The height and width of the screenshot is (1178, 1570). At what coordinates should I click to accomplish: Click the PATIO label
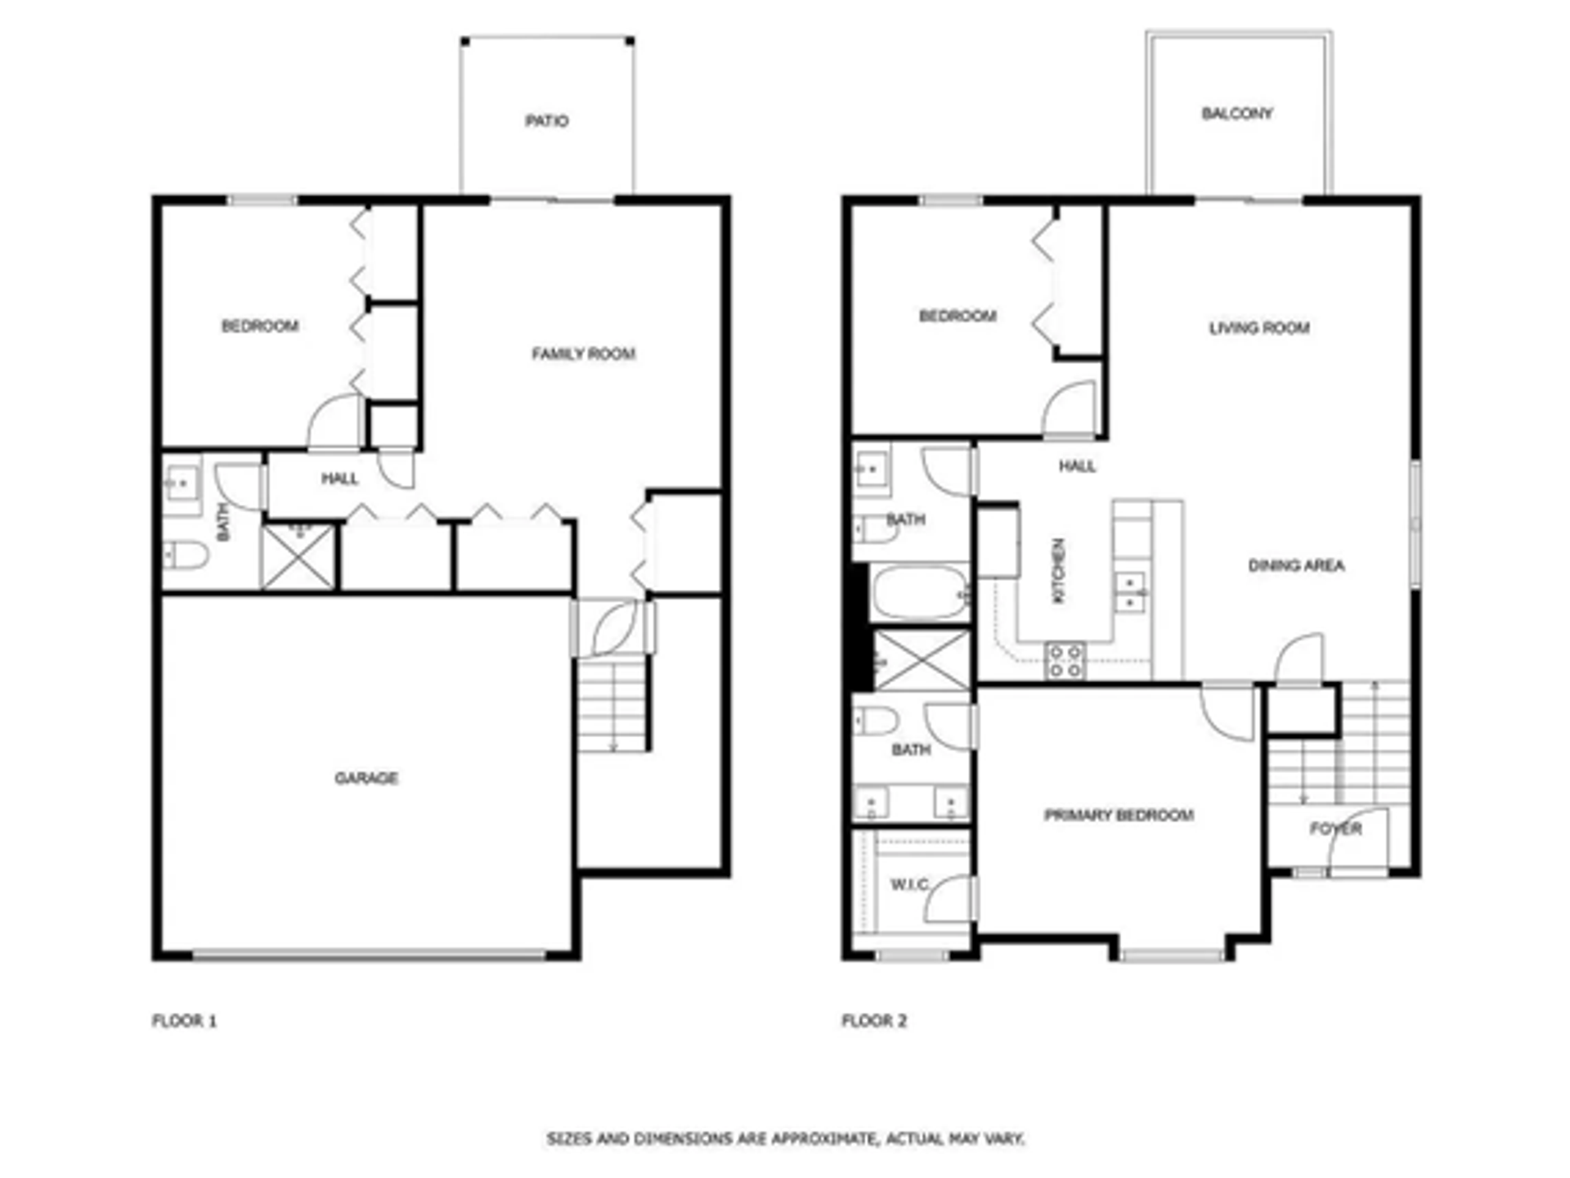[546, 121]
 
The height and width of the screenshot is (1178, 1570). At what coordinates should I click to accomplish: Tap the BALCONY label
[1236, 114]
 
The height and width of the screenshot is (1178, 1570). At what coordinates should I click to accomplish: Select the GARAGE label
[366, 778]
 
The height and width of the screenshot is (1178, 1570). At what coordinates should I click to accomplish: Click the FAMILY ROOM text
[583, 353]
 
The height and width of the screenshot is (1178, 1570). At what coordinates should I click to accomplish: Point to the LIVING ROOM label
[1258, 328]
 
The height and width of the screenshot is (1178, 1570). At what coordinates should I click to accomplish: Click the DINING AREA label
[1295, 565]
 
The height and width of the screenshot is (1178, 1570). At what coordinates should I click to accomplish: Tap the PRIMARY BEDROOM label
[1119, 815]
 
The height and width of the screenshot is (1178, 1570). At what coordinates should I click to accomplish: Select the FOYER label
[1334, 829]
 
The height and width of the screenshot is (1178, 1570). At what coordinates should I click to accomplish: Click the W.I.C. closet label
[908, 884]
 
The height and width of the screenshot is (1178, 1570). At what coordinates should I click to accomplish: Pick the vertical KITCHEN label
[1058, 570]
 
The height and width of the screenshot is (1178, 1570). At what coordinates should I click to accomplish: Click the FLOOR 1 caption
[184, 1021]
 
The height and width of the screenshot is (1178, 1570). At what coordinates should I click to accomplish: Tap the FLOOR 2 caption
[874, 1021]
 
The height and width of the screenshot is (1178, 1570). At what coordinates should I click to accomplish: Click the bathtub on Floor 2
[919, 592]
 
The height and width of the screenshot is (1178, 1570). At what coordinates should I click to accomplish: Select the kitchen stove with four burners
[1065, 661]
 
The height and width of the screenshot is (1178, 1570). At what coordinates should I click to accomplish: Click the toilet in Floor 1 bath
[186, 555]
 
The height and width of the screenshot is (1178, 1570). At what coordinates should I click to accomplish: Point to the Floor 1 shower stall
[298, 557]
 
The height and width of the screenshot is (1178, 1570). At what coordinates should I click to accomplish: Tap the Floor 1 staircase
[612, 705]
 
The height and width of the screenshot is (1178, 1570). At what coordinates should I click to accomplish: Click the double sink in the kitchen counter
[1130, 592]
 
